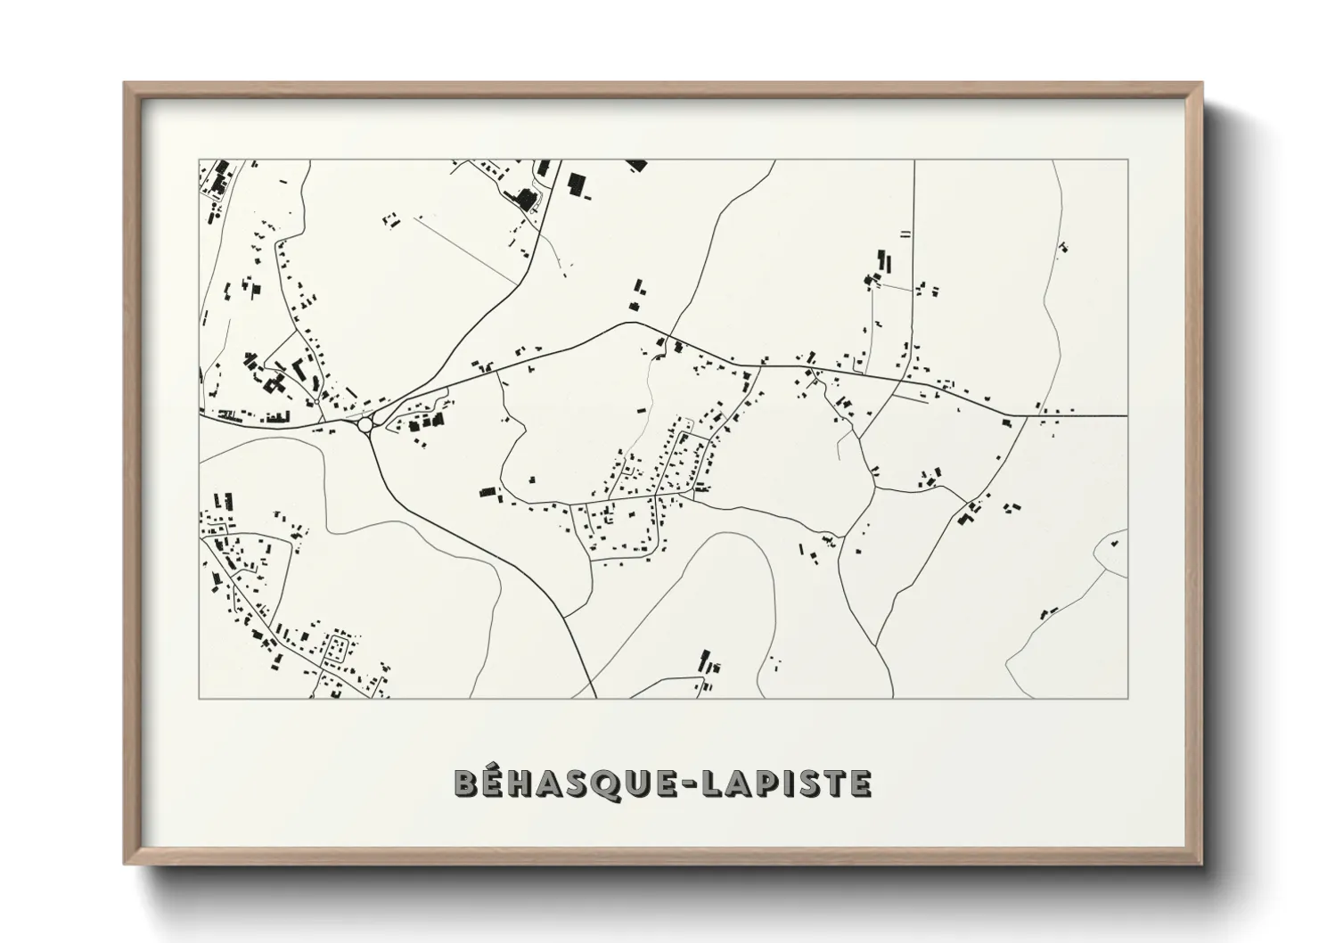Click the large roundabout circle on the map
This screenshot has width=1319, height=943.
tap(365, 425)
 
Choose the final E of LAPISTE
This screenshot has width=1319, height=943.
tap(858, 783)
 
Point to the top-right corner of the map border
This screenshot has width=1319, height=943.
tap(1127, 160)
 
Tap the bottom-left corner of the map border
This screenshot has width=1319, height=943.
tap(200, 698)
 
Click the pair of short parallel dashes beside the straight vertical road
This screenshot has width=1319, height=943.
tap(905, 234)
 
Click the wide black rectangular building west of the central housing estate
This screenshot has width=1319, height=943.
tap(487, 491)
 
